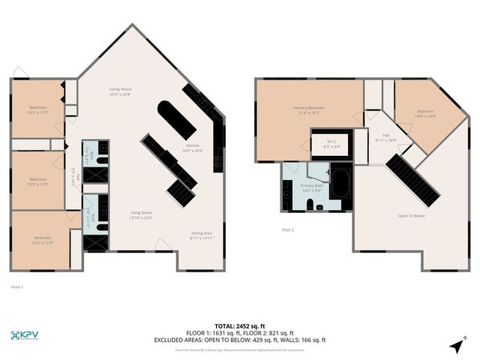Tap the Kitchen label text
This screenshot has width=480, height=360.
(x=193, y=148)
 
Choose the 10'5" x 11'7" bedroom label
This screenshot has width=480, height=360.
(x=38, y=109)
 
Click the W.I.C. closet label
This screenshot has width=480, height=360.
(x=331, y=144)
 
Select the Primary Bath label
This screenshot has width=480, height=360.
(x=311, y=187)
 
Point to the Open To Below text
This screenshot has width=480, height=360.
(x=412, y=216)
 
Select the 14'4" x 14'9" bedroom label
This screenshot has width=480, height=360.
(x=425, y=113)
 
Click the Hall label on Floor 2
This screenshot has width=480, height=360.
(x=385, y=137)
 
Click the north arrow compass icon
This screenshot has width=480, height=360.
(x=457, y=344)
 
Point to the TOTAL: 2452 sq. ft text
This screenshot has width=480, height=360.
(x=240, y=326)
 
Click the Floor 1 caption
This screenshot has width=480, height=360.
(x=17, y=286)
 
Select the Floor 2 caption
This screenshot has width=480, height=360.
(x=288, y=229)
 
